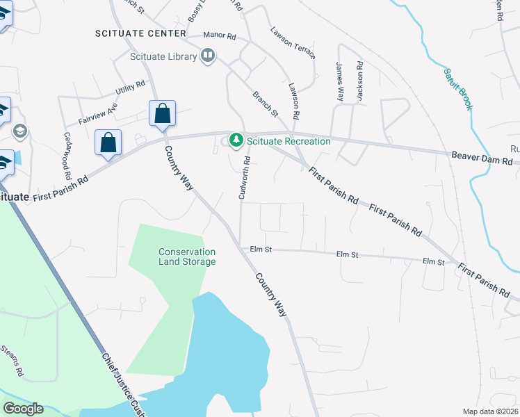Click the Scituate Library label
pyautogui.click(x=163, y=56)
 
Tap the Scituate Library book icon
pyautogui.click(x=207, y=55)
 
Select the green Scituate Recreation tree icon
pyautogui.click(x=236, y=141)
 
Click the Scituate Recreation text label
pyautogui.click(x=289, y=141)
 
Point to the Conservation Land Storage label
pyautogui.click(x=187, y=256)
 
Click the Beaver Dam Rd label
pyautogui.click(x=482, y=158)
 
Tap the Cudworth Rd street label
pyautogui.click(x=245, y=178)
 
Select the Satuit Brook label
pyautogui.click(x=459, y=88)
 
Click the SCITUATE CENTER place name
pyautogui.click(x=141, y=33)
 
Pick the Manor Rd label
pyautogui.click(x=220, y=35)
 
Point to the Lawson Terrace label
pyautogui.click(x=293, y=43)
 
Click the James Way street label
pyautogui.click(x=339, y=82)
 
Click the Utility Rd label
pyautogui.click(x=130, y=88)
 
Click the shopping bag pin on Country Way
pyautogui.click(x=162, y=113)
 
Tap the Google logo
pyautogui.click(x=23, y=409)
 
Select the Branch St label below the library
pyautogui.click(x=265, y=104)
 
